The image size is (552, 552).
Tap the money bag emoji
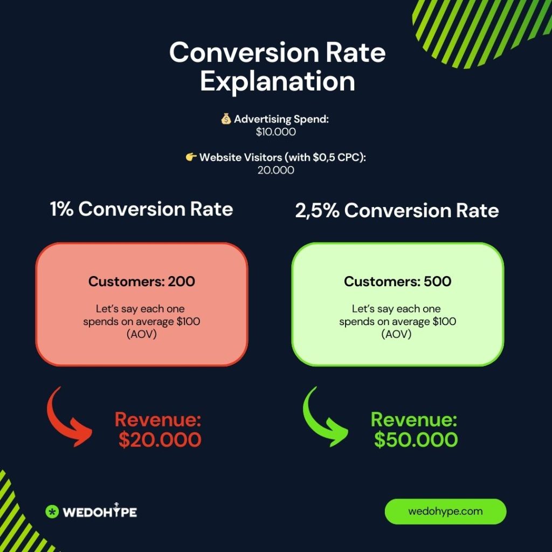[226, 119]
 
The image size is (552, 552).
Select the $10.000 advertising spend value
[275, 132]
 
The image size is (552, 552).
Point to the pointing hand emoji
[191, 157]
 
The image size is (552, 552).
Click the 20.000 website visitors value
[275, 170]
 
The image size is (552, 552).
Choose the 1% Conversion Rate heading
[142, 209]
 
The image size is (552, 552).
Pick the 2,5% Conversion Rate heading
[397, 211]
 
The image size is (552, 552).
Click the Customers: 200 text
[142, 281]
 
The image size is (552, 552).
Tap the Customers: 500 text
[397, 281]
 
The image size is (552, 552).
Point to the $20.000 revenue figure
[160, 440]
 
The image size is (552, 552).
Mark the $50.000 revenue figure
[416, 440]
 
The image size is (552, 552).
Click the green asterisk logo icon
[52, 512]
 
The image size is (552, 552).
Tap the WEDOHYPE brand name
[100, 512]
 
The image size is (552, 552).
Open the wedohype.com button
[445, 511]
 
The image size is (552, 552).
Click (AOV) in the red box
[142, 334]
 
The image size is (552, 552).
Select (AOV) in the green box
[396, 334]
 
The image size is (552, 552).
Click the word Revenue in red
[158, 419]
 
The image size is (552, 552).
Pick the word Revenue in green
[414, 419]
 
